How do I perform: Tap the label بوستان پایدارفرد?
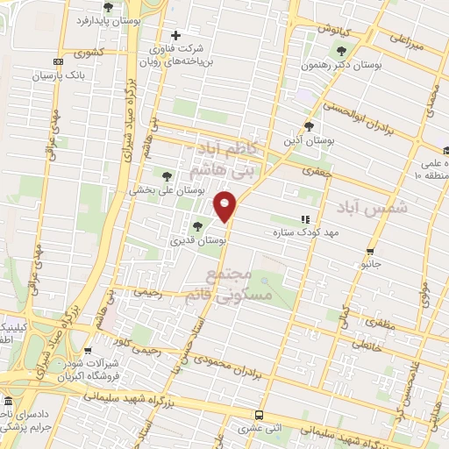[x=108, y=18]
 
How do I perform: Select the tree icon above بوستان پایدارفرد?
[x=108, y=6]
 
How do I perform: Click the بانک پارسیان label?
[x=59, y=75]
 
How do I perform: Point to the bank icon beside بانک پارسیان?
[x=59, y=62]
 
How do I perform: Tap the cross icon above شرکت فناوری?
[x=176, y=36]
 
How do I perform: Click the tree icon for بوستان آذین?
[x=308, y=125]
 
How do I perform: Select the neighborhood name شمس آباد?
[x=360, y=208]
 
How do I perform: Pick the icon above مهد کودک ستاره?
[x=305, y=219]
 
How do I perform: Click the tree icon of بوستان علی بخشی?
[x=167, y=175]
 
